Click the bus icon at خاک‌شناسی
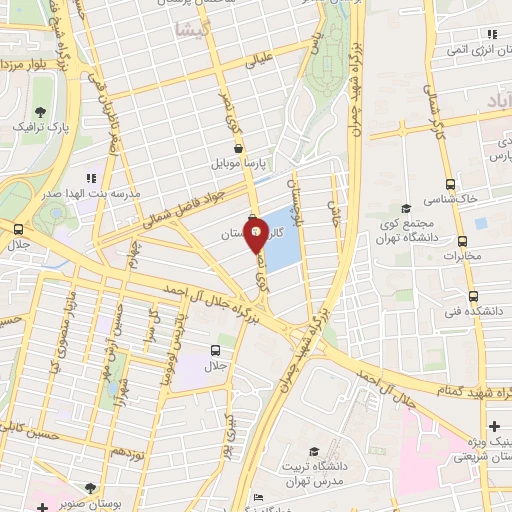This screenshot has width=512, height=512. coord(450,184)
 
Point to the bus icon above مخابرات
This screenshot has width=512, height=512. coord(462,241)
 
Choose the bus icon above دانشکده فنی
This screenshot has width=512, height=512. coord(473,296)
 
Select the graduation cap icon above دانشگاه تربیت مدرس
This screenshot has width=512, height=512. coord(315,451)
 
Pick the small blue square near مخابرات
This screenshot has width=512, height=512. coord(480,223)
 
